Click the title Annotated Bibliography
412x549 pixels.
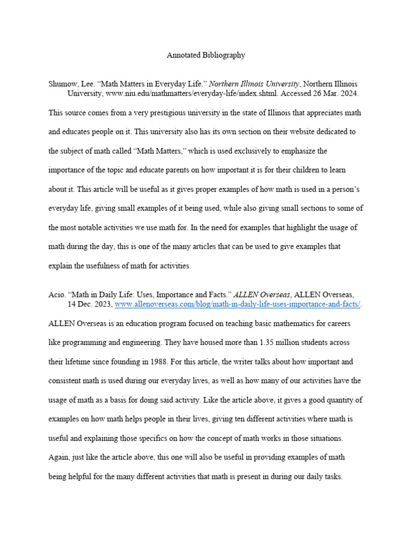205,55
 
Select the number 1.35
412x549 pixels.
268,342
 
